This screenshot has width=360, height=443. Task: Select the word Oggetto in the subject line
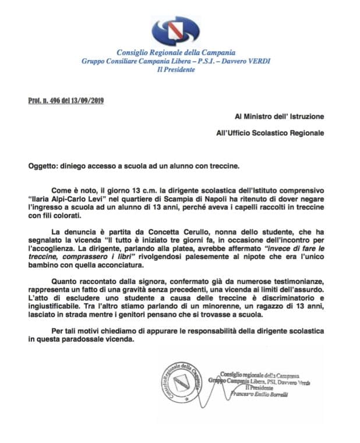(43, 165)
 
